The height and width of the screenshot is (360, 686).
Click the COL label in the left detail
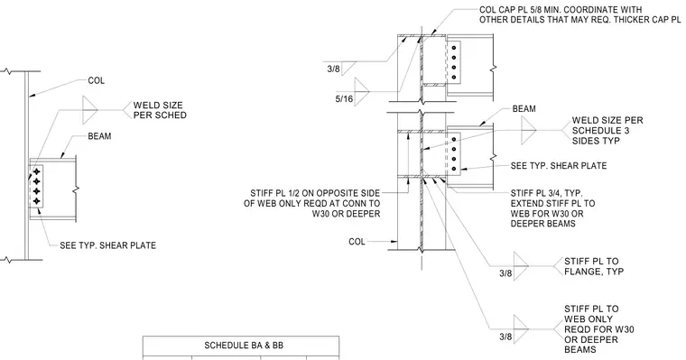click(97, 80)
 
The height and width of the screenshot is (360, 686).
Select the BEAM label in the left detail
click(100, 136)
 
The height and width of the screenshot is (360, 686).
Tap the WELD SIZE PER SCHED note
click(160, 110)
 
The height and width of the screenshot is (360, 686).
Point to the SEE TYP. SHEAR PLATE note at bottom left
click(107, 245)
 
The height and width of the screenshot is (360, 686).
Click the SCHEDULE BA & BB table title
click(244, 346)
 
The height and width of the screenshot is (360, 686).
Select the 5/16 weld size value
click(344, 99)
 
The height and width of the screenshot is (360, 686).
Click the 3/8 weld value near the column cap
click(333, 69)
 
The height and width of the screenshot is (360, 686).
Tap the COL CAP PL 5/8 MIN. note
click(579, 14)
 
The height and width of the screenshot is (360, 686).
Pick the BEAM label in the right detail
click(524, 108)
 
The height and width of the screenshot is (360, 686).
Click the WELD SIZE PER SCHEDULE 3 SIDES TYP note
click(607, 130)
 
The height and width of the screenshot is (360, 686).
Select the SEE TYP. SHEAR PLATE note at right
click(559, 166)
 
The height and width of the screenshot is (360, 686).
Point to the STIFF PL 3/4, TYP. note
click(553, 208)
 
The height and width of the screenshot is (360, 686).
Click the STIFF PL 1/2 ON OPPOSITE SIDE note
click(312, 203)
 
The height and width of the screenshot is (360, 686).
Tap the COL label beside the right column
click(357, 242)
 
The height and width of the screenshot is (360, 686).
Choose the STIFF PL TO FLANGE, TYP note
click(594, 266)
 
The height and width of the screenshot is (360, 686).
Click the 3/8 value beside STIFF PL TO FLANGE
click(505, 273)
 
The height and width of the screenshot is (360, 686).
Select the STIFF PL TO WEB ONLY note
click(599, 329)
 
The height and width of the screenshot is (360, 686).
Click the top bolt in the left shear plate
click(37, 171)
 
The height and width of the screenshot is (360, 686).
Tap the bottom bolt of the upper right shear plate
click(454, 78)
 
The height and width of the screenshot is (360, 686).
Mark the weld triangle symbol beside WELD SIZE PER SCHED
click(89, 110)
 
